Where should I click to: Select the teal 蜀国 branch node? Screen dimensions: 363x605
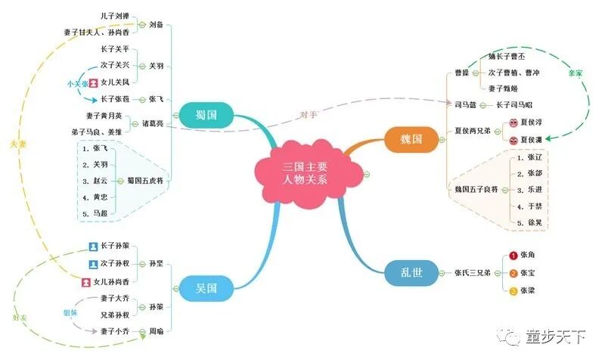coord(202,115)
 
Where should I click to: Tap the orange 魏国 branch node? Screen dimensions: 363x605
coord(412,139)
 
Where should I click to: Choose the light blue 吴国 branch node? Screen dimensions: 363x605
coord(206,287)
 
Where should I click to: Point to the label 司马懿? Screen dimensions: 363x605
coord(467,105)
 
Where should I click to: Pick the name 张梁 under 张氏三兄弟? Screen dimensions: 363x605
coord(528,290)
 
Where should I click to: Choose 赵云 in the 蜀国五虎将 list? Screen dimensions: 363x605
coord(99,181)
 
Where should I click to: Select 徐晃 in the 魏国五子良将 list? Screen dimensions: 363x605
coord(535,223)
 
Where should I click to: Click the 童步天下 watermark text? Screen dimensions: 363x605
coord(556,338)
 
